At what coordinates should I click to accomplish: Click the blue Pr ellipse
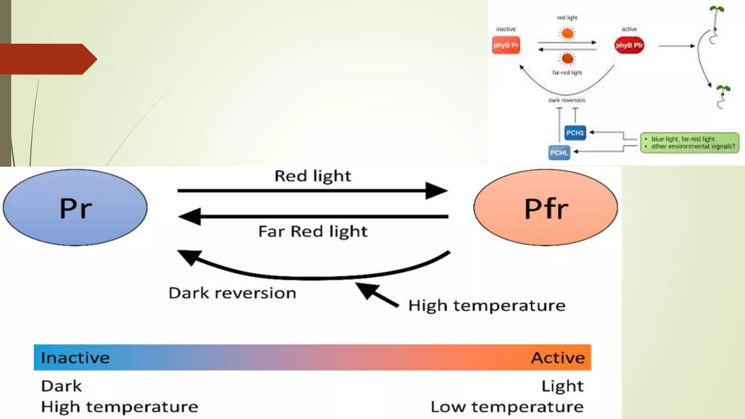pyautogui.click(x=75, y=207)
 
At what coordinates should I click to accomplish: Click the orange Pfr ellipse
pyautogui.click(x=545, y=207)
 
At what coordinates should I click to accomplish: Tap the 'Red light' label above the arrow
pyautogui.click(x=312, y=176)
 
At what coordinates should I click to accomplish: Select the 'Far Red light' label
pyautogui.click(x=312, y=231)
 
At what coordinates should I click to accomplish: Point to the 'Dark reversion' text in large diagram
pyautogui.click(x=232, y=293)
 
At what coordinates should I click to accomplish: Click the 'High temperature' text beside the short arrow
pyautogui.click(x=487, y=306)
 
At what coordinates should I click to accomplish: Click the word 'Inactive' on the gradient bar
pyautogui.click(x=75, y=358)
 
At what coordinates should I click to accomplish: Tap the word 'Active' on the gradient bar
pyautogui.click(x=558, y=358)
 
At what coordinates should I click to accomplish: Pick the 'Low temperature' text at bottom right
pyautogui.click(x=507, y=407)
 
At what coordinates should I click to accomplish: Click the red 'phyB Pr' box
pyautogui.click(x=506, y=45)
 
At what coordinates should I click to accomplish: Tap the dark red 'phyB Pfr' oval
pyautogui.click(x=629, y=45)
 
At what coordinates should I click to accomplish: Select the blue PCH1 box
pyautogui.click(x=575, y=133)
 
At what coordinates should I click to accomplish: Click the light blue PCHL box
pyautogui.click(x=559, y=153)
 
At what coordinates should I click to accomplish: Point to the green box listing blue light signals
pyautogui.click(x=689, y=143)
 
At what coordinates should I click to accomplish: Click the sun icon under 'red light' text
pyautogui.click(x=567, y=33)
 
